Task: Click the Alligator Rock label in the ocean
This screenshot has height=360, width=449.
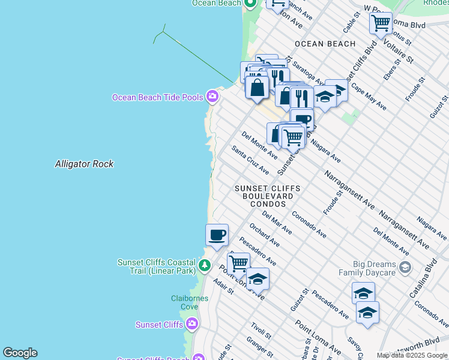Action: (x=84, y=164)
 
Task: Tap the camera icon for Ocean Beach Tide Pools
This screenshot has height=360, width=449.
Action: (x=212, y=96)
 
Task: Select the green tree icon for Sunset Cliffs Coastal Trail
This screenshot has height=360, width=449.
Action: (x=205, y=265)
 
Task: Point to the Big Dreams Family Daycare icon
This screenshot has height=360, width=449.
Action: (x=405, y=267)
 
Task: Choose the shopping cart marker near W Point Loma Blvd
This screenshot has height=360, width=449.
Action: (x=381, y=24)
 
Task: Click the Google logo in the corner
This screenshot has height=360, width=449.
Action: (x=20, y=353)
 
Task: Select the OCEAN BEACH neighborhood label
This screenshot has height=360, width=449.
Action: (x=325, y=44)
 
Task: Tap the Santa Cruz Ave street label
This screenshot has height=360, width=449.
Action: (x=250, y=160)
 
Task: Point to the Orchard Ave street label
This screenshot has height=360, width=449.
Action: (x=264, y=235)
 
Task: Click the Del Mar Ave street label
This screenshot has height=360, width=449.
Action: (x=277, y=223)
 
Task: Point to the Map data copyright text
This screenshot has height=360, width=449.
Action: (x=412, y=355)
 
